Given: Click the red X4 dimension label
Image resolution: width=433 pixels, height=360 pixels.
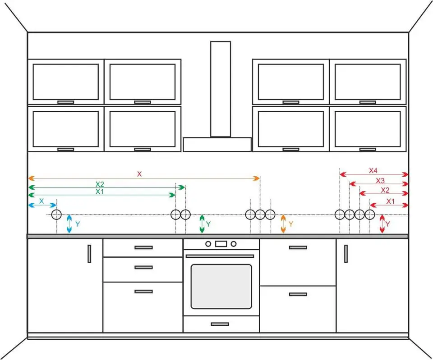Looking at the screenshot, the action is click(x=373, y=170).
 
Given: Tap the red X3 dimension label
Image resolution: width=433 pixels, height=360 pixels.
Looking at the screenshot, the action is click(x=380, y=181).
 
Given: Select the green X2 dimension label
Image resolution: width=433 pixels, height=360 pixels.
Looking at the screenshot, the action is click(x=100, y=184).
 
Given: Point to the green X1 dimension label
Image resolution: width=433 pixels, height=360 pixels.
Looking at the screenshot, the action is click(x=100, y=191).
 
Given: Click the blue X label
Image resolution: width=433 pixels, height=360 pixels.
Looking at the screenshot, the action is click(x=41, y=201).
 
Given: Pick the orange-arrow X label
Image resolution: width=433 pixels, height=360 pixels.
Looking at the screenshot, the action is click(x=139, y=174).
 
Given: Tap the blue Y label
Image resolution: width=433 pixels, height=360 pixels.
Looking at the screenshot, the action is click(x=78, y=224).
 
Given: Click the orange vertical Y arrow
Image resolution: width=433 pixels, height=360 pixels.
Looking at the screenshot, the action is click(x=283, y=224).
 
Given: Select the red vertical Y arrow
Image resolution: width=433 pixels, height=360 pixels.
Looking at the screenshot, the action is click(x=382, y=224).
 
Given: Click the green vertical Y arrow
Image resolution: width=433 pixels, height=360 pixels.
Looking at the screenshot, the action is click(x=202, y=224).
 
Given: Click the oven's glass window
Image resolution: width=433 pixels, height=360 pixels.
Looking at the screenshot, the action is click(x=221, y=287).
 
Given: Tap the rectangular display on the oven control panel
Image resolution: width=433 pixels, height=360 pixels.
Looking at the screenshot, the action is click(x=221, y=244).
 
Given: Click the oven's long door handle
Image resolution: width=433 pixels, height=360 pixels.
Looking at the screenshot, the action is click(x=220, y=256).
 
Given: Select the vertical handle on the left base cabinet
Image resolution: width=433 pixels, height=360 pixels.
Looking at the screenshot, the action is click(x=89, y=254).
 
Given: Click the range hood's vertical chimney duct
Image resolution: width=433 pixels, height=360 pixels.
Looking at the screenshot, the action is click(x=221, y=89).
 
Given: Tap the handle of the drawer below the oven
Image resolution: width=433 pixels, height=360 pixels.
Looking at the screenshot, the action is click(x=220, y=324).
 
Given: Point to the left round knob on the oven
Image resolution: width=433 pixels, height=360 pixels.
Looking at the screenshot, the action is click(x=208, y=244).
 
